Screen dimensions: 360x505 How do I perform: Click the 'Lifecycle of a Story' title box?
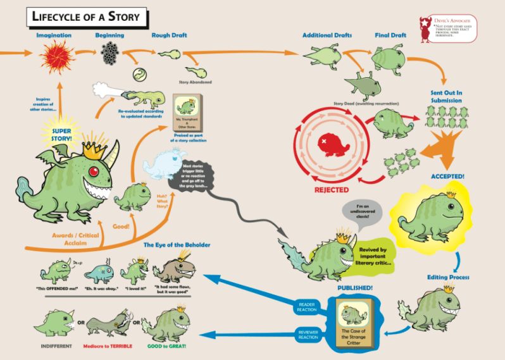coord(87,17)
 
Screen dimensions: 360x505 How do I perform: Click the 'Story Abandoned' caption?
coord(196,82)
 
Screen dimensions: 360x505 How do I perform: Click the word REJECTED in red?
coord(333,189)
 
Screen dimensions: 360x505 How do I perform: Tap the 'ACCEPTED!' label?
coord(448,175)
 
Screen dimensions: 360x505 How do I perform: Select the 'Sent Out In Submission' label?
coord(446,96)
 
